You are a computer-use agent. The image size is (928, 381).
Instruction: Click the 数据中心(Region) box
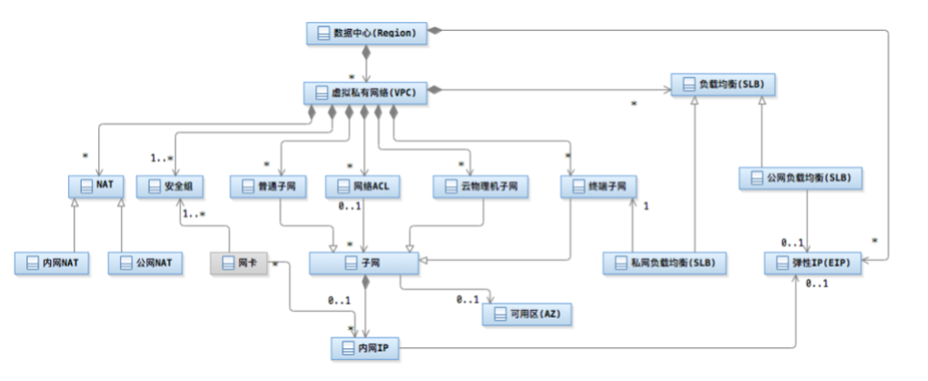pyautogui.click(x=367, y=32)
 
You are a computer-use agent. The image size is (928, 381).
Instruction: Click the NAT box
pyautogui.click(x=96, y=187)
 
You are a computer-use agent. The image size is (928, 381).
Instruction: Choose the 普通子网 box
pyautogui.click(x=269, y=187)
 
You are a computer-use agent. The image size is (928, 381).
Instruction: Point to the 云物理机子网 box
pyautogui.click(x=480, y=187)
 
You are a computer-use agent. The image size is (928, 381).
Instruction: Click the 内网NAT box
pyautogui.click(x=53, y=262)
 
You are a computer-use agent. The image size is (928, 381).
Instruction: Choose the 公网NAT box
pyautogui.click(x=145, y=262)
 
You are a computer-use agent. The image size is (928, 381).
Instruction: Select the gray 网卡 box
pyautogui.click(x=238, y=262)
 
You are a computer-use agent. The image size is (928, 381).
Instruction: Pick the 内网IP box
pyautogui.click(x=365, y=349)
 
